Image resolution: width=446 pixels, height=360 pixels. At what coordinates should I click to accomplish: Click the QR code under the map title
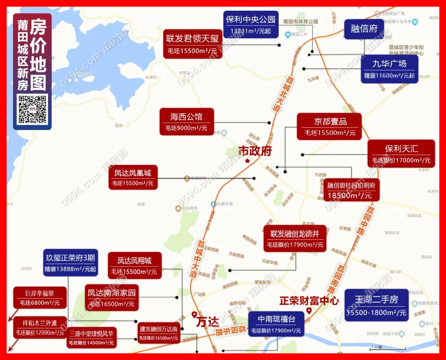(x=33, y=109)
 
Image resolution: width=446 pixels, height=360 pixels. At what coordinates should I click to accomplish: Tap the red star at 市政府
(x=247, y=161)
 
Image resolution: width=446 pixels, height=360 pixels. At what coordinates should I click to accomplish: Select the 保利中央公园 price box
(x=250, y=24)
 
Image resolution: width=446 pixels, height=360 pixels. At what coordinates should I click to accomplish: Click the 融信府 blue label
(x=364, y=28)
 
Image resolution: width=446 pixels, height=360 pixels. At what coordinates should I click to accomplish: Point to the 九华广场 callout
(x=389, y=69)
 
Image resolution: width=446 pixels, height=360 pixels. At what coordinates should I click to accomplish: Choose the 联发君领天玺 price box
(x=192, y=44)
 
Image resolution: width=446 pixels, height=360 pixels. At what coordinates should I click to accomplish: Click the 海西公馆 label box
(x=186, y=121)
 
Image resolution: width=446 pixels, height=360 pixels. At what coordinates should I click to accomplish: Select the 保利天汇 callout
(x=401, y=153)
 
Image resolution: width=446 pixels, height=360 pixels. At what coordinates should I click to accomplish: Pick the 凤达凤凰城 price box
(x=133, y=177)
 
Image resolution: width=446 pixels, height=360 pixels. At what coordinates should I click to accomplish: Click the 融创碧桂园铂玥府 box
(x=351, y=190)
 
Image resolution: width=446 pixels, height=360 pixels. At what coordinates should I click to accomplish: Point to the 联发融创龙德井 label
(x=295, y=239)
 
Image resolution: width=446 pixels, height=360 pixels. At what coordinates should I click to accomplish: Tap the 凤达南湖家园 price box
(x=111, y=298)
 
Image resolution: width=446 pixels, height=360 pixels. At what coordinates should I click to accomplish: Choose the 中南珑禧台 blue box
(x=276, y=324)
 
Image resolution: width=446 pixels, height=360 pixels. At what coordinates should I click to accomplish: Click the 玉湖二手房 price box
(x=376, y=306)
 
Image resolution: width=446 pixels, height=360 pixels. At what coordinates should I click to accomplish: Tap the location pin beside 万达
(x=195, y=315)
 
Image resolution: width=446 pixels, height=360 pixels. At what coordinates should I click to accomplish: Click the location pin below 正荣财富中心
(x=308, y=311)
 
